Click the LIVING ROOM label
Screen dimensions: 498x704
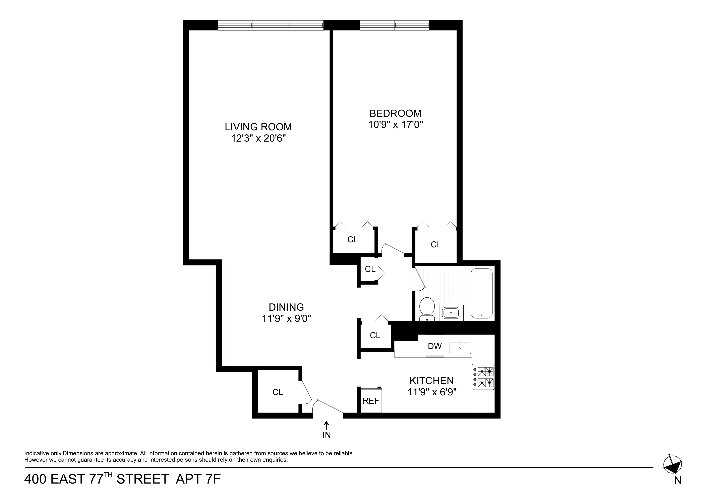click(258, 127)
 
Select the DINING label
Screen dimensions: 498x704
click(286, 307)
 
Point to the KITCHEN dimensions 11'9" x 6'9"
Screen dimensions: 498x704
click(432, 392)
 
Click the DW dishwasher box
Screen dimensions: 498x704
click(434, 346)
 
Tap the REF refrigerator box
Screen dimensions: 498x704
click(371, 401)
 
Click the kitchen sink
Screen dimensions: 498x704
click(460, 347)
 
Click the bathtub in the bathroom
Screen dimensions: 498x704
click(481, 293)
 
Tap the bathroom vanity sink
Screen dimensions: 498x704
click(451, 313)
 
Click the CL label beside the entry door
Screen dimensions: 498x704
click(278, 392)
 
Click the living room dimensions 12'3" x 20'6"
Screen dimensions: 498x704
click(258, 138)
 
